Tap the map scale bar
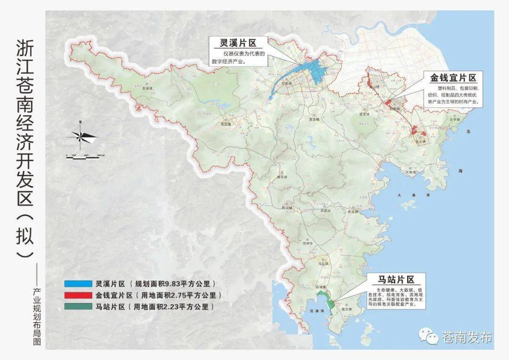point(83,157)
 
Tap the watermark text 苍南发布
point(467,337)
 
